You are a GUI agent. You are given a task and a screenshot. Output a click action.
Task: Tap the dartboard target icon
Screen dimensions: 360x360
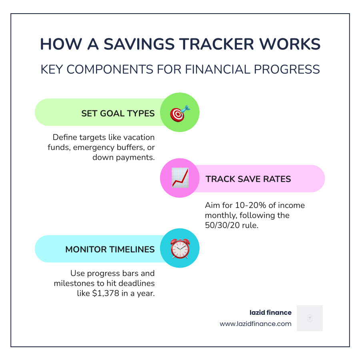pos(180,113)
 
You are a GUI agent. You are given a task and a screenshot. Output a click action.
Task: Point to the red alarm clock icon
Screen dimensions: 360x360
pos(180,249)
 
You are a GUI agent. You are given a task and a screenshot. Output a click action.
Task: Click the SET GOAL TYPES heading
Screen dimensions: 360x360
pos(118,113)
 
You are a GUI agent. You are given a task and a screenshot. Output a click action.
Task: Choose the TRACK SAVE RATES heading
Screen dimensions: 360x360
pos(248,179)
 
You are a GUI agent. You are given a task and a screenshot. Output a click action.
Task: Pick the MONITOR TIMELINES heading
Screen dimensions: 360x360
pos(110,249)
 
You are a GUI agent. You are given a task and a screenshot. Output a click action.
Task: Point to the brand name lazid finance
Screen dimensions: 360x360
pos(270,312)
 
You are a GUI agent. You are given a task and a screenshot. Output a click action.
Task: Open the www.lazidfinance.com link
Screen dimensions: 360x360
pos(256,324)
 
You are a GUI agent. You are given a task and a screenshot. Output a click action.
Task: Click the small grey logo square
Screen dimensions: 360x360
pos(310,318)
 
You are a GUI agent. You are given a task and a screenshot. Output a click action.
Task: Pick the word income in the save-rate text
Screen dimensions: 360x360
pos(291,206)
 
